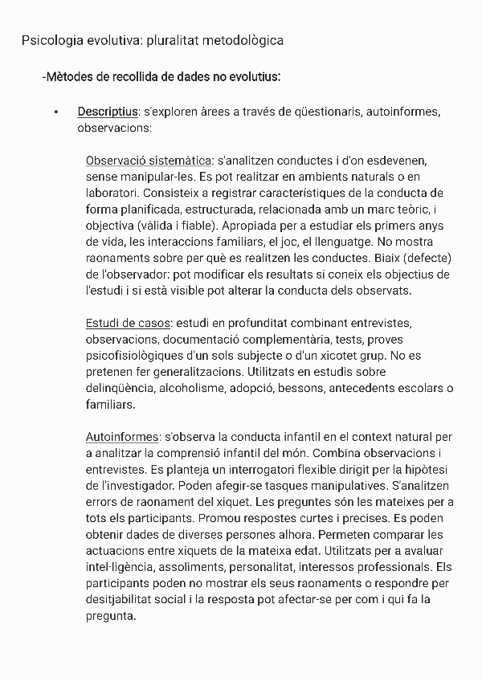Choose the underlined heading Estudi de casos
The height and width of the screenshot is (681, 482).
pyautogui.click(x=128, y=323)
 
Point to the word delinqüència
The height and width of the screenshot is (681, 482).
pyautogui.click(x=120, y=389)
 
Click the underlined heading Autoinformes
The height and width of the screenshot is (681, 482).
pyautogui.click(x=122, y=438)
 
